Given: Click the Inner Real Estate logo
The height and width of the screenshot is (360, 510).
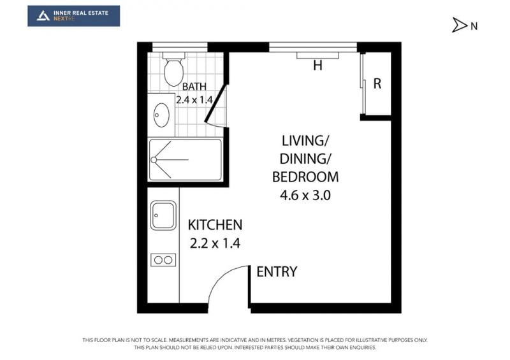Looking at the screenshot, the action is (73, 15).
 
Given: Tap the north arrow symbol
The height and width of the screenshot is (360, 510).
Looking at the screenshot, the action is (459, 25).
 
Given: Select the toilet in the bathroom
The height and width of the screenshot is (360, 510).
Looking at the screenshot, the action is (173, 69).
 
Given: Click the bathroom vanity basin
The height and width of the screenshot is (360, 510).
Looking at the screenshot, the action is (161, 115).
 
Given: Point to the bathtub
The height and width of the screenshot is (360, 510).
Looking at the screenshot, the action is (185, 160).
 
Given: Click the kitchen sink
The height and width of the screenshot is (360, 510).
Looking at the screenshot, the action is (163, 215).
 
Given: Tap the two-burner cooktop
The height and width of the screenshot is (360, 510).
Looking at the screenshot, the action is (163, 260).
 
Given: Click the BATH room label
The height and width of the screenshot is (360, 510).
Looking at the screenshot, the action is (194, 87).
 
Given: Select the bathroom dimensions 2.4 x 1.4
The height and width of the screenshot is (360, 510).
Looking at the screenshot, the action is (194, 99).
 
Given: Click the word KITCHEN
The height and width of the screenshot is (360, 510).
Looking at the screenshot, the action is (215, 225).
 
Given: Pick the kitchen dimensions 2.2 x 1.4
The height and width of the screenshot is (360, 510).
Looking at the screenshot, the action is (215, 243).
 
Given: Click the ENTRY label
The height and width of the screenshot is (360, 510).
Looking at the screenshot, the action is (277, 271).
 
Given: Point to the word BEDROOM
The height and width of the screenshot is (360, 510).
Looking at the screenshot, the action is (305, 177).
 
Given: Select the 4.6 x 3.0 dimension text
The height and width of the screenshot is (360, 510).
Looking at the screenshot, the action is (305, 195).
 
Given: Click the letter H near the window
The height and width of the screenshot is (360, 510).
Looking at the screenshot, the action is (317, 66).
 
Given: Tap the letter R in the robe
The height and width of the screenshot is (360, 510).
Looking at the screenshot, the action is (377, 83).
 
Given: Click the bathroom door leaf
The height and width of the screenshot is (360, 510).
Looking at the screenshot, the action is (215, 103).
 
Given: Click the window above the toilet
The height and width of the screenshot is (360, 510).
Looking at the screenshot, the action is (180, 47).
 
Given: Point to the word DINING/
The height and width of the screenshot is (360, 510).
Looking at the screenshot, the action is (305, 159).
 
